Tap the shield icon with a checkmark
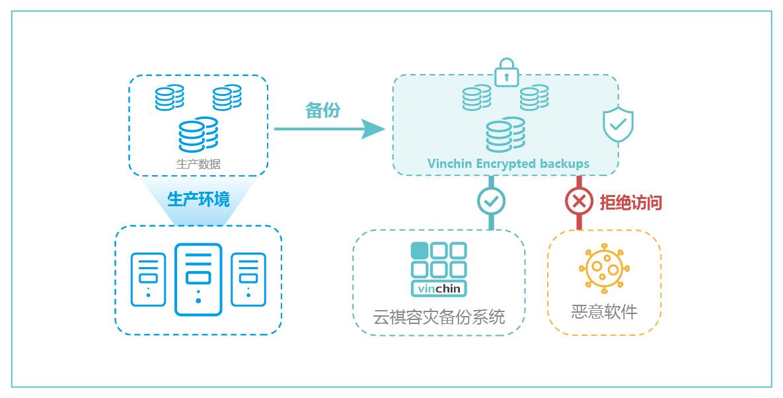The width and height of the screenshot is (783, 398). [x=618, y=124]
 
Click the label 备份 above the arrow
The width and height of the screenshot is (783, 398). [x=322, y=110]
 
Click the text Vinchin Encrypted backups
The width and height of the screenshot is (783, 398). [x=507, y=163]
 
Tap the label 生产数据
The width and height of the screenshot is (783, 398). [x=198, y=164]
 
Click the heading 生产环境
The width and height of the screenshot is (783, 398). [x=198, y=199]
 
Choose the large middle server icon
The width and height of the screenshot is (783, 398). [x=198, y=280]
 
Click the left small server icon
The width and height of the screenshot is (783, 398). [x=148, y=280]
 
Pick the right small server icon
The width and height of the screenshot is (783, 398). [x=248, y=280]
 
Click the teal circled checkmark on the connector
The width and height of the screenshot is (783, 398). [x=492, y=200]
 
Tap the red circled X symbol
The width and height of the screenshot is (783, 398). [x=579, y=201]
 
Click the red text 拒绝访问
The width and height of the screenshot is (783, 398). [x=630, y=202]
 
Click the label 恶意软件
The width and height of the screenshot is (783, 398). [x=604, y=311]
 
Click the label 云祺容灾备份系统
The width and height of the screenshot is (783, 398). [x=439, y=317]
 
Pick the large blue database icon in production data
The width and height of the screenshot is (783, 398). [x=198, y=135]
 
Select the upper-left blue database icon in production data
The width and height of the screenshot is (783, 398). [x=170, y=98]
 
